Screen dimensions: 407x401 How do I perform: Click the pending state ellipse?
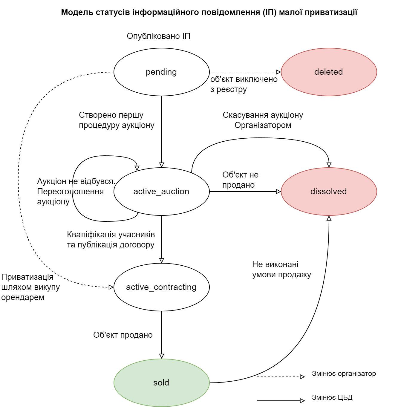161,72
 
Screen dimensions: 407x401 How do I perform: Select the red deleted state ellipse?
329,72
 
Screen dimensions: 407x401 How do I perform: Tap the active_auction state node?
161,192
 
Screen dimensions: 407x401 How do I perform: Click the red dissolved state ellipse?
329,192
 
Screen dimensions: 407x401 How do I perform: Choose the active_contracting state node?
161,287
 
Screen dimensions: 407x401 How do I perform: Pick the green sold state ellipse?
161,383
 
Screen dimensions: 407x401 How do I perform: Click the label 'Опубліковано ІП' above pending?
158,36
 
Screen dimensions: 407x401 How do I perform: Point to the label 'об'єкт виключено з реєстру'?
244,84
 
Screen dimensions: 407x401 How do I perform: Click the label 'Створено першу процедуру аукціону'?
117,120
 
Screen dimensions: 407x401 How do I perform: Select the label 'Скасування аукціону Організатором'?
263,120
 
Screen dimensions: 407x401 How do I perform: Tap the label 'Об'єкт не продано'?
240,180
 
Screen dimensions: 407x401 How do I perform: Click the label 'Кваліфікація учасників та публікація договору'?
111,240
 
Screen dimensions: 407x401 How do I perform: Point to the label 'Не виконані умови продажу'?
281,270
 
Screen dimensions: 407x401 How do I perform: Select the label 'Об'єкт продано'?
123,335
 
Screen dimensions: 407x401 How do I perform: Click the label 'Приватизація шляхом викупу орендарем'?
30,287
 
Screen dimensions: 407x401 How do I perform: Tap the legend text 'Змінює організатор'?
344,374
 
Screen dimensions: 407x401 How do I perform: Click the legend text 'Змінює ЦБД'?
332,397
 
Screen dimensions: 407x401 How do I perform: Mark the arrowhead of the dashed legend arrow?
302,377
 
